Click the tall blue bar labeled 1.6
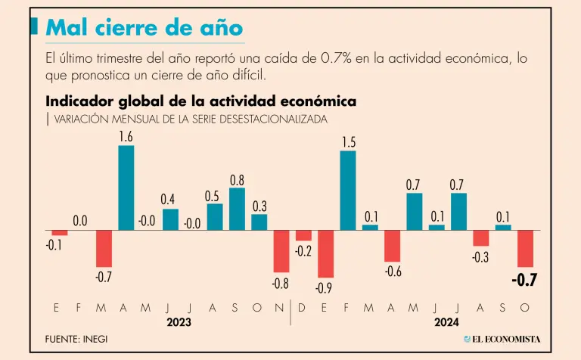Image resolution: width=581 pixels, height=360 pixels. (x=126, y=187)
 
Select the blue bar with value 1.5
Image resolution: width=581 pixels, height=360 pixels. (x=348, y=190)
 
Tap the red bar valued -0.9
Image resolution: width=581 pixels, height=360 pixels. (x=326, y=253)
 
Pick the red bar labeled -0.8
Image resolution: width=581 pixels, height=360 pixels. (x=281, y=251)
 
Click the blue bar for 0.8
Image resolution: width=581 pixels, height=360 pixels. (x=237, y=209)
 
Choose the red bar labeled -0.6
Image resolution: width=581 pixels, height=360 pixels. (x=392, y=246)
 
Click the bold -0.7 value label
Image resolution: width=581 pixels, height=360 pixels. (x=524, y=281)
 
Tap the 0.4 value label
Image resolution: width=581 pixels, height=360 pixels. (x=168, y=200)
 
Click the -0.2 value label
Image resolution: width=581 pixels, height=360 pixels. (x=304, y=251)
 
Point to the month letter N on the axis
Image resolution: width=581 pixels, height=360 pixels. (x=279, y=308)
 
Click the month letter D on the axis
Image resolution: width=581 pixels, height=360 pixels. (x=302, y=308)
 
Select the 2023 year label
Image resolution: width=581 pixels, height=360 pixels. (x=179, y=321)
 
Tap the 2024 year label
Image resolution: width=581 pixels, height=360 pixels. (x=447, y=321)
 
